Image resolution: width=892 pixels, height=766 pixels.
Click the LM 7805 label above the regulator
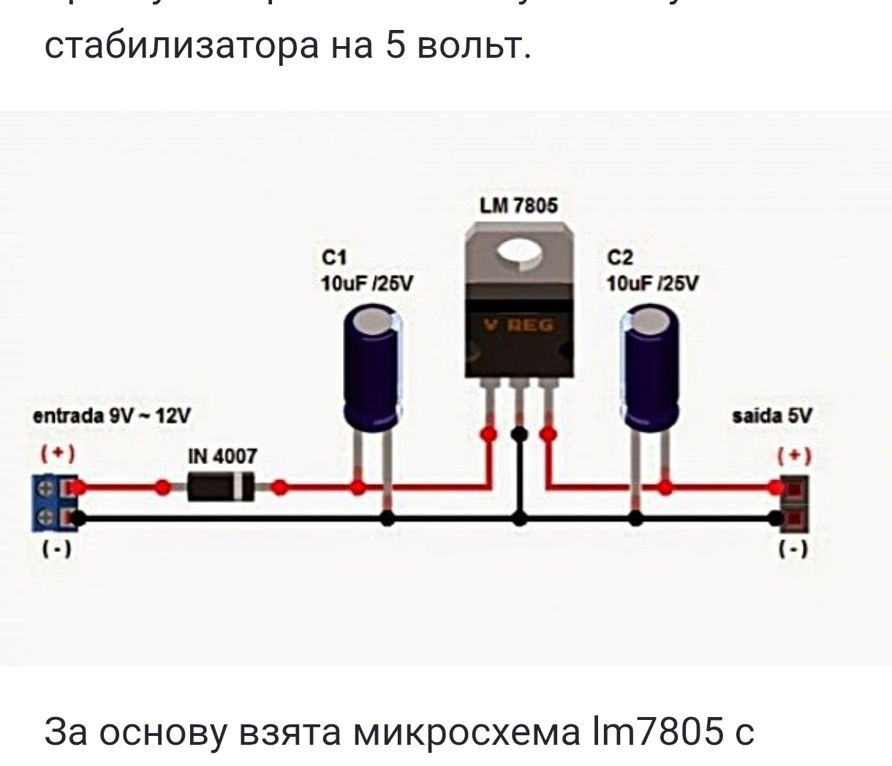(x=518, y=206)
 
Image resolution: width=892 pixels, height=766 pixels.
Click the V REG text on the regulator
(x=519, y=325)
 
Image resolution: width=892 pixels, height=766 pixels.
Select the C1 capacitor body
(x=374, y=369)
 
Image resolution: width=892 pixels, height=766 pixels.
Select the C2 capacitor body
(x=650, y=369)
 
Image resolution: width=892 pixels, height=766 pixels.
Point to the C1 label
(x=333, y=257)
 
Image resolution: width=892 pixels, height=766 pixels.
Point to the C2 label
(x=620, y=257)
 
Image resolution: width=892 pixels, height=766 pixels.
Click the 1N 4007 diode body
(x=221, y=486)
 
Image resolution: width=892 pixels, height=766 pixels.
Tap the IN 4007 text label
(x=223, y=457)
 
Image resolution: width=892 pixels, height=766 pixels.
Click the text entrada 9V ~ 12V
(x=113, y=417)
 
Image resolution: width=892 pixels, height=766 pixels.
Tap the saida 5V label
(x=772, y=417)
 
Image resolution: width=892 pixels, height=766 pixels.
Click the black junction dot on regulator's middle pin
(x=519, y=436)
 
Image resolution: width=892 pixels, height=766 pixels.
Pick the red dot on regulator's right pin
(x=548, y=436)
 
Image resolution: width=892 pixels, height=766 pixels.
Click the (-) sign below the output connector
(x=794, y=549)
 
